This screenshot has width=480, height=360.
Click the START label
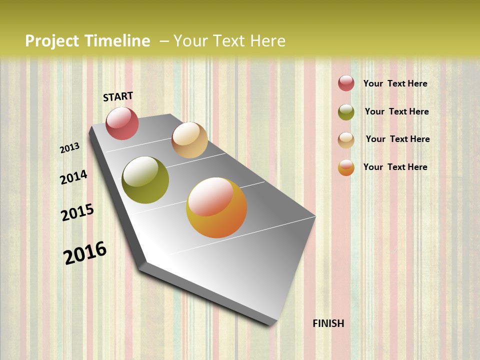(118, 96)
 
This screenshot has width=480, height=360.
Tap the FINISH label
(328, 323)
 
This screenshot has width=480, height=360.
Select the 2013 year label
(70, 148)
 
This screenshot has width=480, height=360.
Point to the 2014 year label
(73, 177)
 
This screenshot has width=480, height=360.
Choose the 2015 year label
(77, 212)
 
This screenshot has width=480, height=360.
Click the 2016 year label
(85, 253)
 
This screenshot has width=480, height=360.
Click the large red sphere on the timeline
(122, 123)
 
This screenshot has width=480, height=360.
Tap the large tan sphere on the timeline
(189, 140)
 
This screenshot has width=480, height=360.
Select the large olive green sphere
(145, 180)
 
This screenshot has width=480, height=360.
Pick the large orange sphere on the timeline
(216, 207)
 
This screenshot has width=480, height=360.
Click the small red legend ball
(346, 83)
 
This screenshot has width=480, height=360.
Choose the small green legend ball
(346, 112)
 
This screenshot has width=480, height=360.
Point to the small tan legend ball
(346, 140)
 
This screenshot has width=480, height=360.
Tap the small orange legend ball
(346, 168)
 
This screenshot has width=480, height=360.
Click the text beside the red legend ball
(395, 83)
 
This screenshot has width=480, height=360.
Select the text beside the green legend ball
(396, 111)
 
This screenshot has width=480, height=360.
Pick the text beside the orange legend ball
(395, 167)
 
